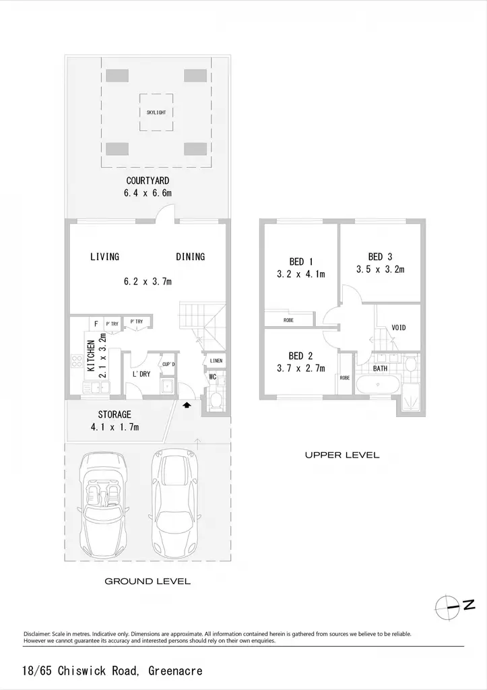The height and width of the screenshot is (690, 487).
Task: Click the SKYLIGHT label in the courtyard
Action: (x=156, y=113)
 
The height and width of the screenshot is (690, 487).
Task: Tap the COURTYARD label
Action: (x=148, y=181)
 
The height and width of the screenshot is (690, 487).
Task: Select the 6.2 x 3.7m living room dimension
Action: (x=148, y=281)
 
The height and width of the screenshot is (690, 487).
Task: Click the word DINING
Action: (x=191, y=257)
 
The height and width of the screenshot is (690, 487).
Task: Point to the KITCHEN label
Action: (x=91, y=356)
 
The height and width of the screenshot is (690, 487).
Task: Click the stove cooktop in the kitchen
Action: (x=77, y=361)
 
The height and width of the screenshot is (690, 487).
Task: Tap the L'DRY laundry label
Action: (x=141, y=374)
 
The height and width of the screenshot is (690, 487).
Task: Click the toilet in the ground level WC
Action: (x=216, y=401)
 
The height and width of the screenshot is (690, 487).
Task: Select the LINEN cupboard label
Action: (x=216, y=361)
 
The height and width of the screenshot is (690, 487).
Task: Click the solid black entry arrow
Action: (x=187, y=405)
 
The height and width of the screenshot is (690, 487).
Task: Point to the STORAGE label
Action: (x=115, y=414)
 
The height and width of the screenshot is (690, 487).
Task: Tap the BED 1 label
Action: (x=301, y=262)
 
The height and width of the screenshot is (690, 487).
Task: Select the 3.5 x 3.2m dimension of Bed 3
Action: (x=380, y=270)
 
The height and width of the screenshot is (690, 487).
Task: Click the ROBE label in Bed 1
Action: (x=288, y=320)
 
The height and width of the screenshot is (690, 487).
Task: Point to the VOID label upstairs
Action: (x=399, y=328)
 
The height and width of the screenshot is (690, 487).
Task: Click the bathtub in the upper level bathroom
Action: (x=378, y=385)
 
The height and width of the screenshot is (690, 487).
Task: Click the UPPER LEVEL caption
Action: (x=342, y=455)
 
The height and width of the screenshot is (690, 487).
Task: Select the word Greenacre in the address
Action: (x=176, y=670)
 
